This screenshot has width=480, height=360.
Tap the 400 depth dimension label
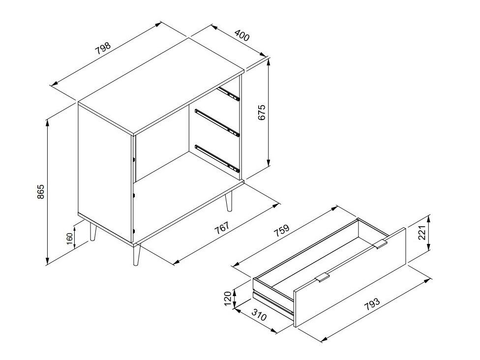click(241, 35)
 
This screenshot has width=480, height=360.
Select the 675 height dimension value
click(262, 113)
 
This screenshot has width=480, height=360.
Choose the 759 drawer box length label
click(280, 233)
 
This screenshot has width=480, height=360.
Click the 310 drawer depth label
click(259, 314)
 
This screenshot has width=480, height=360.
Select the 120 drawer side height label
click(227, 298)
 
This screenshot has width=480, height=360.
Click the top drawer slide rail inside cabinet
click(229, 93)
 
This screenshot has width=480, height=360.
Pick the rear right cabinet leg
click(228, 202)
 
